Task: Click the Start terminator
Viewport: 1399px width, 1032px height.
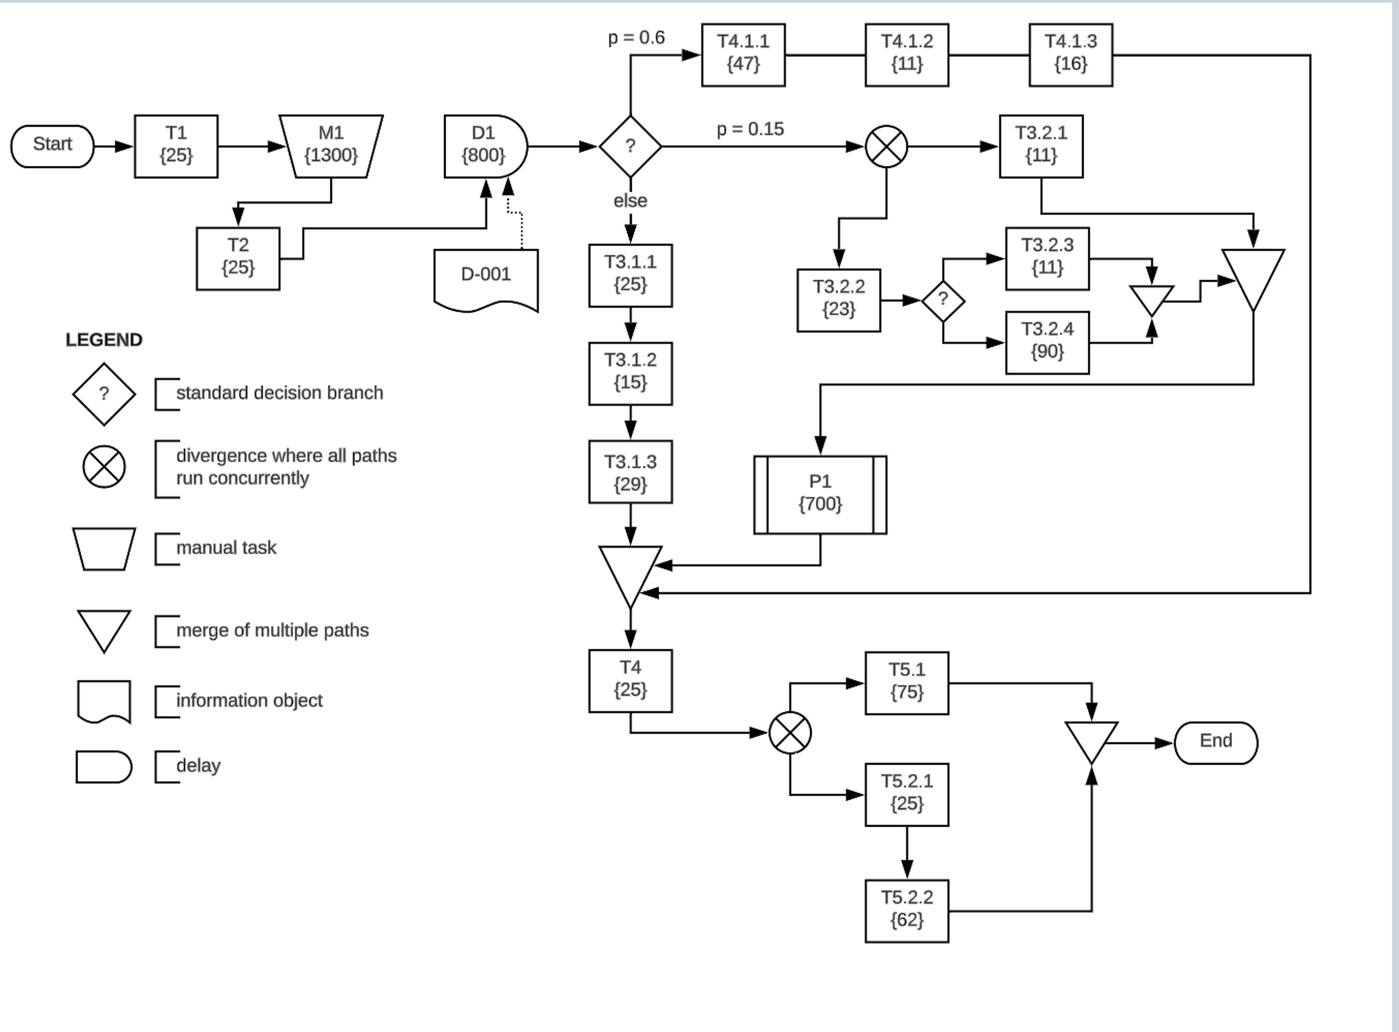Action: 52,146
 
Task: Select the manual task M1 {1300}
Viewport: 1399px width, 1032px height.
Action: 331,146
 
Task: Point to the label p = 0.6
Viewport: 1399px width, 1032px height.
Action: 636,38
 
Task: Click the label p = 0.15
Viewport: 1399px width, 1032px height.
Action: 750,129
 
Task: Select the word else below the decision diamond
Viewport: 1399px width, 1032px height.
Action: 630,201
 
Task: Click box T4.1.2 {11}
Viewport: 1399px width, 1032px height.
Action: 907,55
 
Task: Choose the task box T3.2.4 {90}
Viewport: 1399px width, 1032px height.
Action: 1047,342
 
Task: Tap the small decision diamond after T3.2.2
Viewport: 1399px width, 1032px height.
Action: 943,301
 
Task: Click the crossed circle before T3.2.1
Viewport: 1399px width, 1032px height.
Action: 886,147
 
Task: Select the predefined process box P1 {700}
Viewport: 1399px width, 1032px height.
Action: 820,495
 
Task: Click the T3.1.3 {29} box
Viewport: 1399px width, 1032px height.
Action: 630,472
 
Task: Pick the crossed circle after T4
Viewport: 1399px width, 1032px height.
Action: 790,733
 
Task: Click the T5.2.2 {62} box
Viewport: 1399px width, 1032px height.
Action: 907,911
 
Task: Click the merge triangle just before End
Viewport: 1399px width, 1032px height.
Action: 1091,739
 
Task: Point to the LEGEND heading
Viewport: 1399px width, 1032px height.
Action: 104,340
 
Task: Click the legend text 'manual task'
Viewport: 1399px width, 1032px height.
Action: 226,548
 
